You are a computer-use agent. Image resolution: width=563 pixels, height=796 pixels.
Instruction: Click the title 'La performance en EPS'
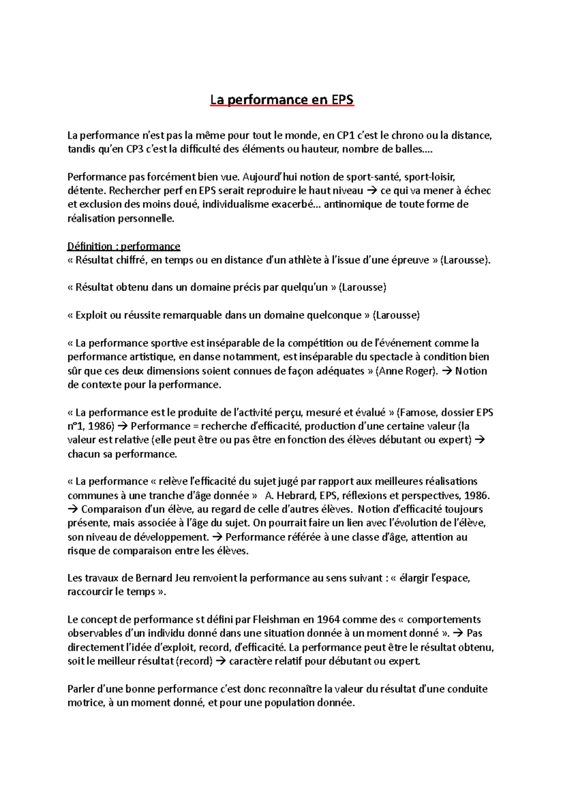(281, 100)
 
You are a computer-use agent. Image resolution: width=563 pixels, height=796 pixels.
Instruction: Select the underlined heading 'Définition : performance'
(124, 246)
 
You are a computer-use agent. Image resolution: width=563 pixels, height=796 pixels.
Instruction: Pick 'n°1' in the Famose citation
(76, 426)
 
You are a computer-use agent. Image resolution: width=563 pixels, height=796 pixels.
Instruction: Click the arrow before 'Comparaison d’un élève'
(74, 509)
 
